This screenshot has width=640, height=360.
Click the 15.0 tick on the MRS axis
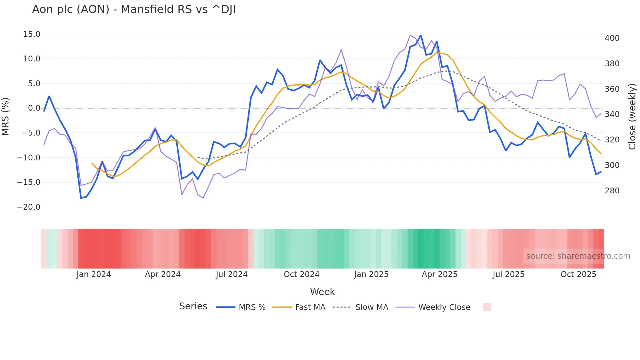coord(31,34)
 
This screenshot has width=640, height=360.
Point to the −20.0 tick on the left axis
coord(29,207)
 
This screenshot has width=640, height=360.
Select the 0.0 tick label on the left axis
coord(34,108)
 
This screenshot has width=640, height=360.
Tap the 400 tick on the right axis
coord(612,38)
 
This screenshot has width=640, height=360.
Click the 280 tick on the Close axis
coord(612,191)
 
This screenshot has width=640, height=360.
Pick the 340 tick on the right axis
coord(612,114)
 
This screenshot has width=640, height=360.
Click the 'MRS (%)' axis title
coord(6,117)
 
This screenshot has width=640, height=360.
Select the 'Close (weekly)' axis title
coord(632,117)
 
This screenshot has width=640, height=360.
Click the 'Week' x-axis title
coord(322,292)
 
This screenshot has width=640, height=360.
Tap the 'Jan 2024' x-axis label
coord(94,274)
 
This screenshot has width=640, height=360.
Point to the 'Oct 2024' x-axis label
coord(301,274)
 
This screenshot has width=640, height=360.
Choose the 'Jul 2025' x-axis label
coord(508,274)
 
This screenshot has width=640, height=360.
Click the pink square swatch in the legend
coord(487,307)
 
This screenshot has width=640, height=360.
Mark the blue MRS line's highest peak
coord(421,35)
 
